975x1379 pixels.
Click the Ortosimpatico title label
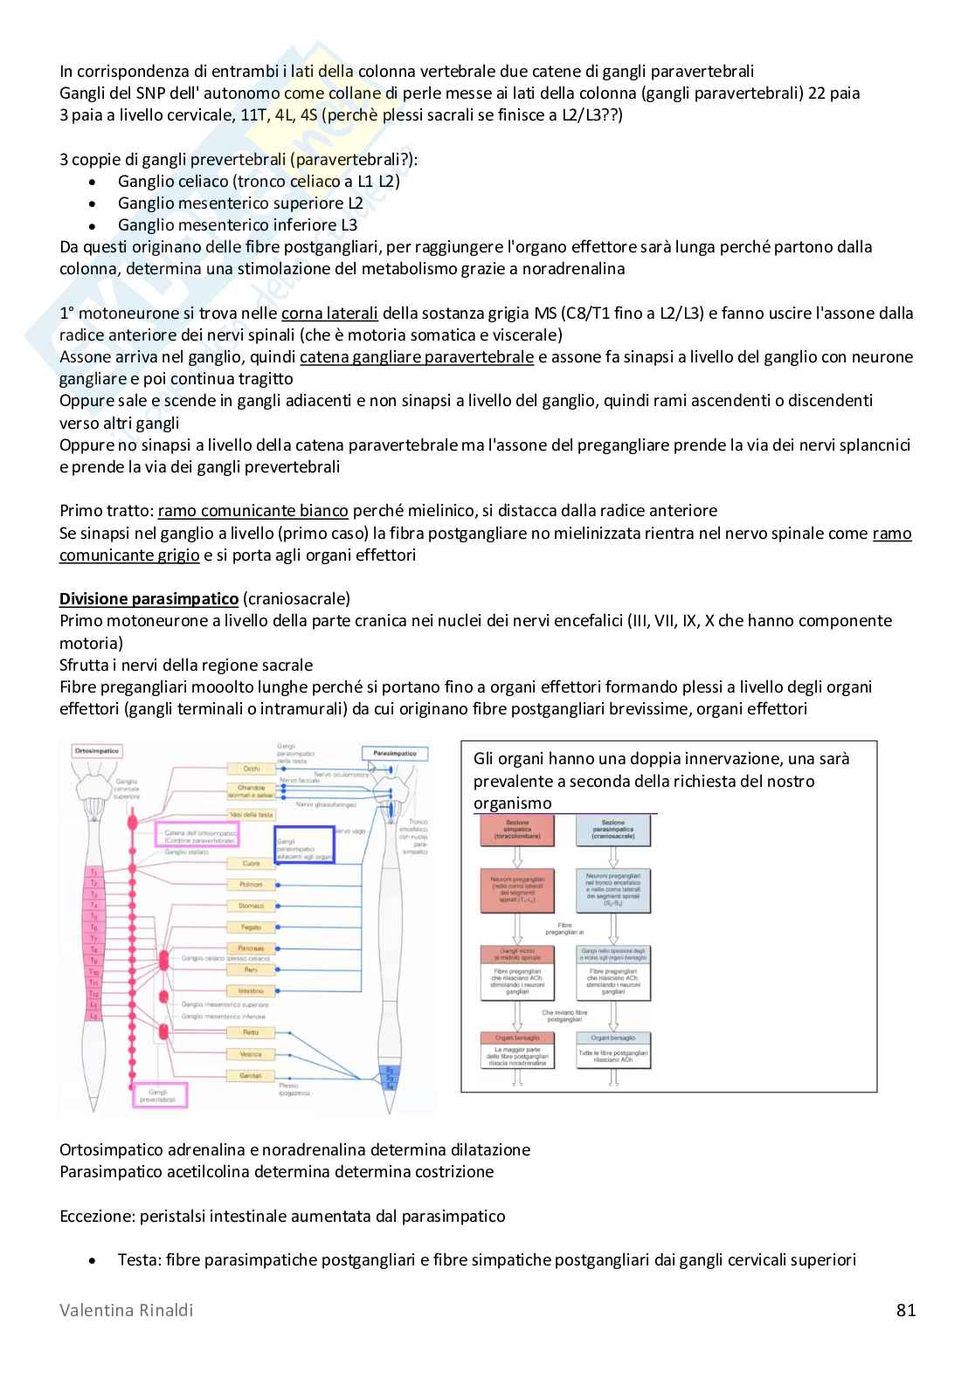pos(97,751)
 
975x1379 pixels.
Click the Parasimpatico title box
pos(396,753)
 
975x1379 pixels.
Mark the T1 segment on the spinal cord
pos(93,872)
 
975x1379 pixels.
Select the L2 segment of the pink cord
pos(93,1015)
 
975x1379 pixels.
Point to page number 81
pos(905,1310)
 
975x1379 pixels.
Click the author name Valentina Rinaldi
pos(127,1310)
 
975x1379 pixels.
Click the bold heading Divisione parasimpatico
pos(149,599)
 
